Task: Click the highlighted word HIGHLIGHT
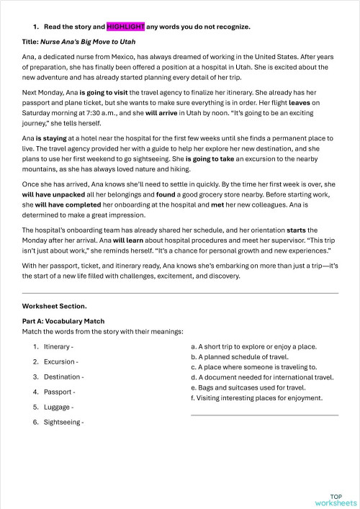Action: pos(125,27)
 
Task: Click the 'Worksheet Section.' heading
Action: pos(54,306)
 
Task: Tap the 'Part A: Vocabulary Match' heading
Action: pos(63,321)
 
